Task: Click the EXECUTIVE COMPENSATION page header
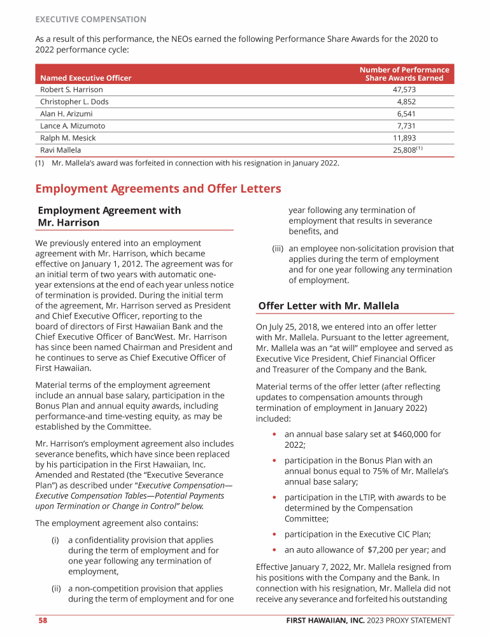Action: (90, 20)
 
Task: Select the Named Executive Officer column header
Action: (85, 78)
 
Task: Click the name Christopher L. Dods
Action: (74, 102)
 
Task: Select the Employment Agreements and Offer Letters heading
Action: (158, 189)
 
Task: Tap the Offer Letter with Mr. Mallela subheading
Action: (329, 306)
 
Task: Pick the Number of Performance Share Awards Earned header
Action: (404, 74)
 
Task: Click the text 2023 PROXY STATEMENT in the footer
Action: (416, 621)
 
